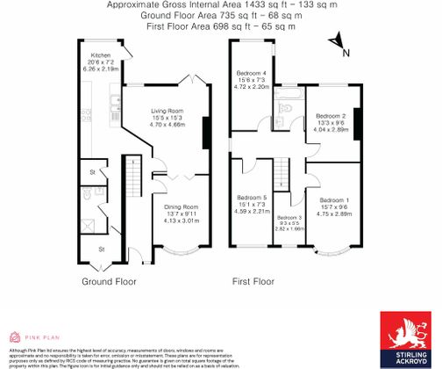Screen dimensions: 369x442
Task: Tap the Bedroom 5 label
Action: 251,199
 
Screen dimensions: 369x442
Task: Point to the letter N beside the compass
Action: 347,53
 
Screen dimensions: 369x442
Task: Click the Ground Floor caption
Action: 108,283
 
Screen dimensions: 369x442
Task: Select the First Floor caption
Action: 255,283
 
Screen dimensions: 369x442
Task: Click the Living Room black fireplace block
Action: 205,132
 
